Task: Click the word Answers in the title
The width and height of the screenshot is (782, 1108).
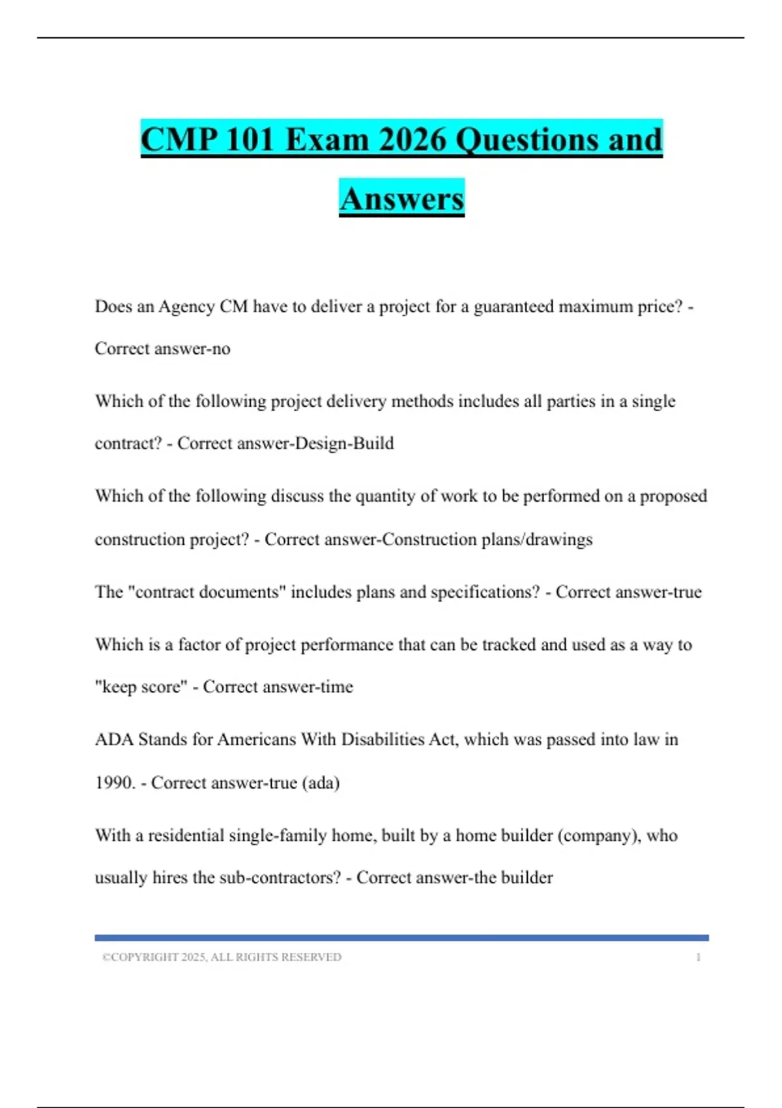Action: coord(401,199)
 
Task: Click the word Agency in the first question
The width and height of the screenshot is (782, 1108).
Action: coord(186,306)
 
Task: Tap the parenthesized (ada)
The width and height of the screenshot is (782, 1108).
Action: coord(321,782)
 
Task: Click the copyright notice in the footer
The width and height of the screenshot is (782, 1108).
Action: coord(222,957)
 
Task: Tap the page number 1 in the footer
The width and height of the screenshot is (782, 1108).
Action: coord(698,957)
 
